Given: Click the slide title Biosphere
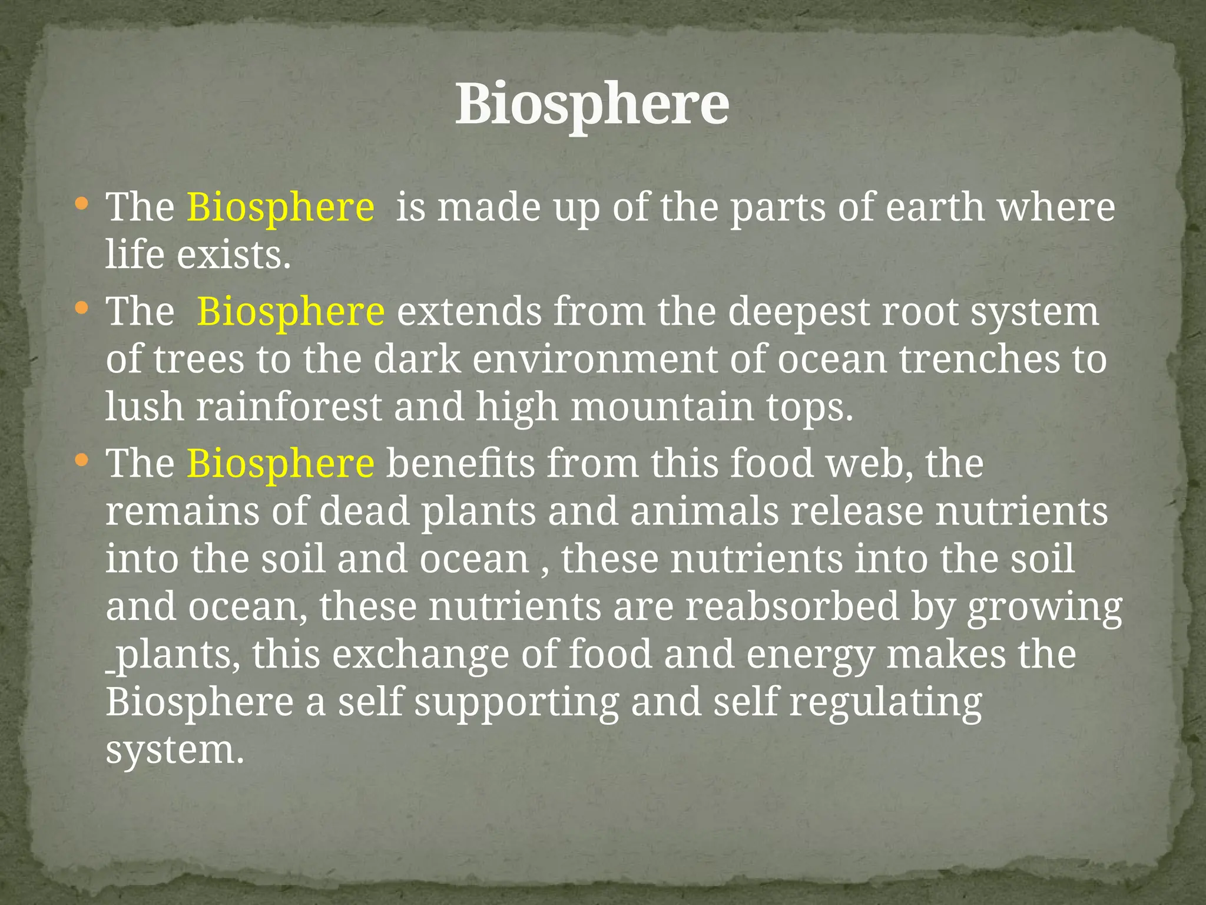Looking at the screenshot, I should (x=592, y=104).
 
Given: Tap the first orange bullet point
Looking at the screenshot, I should (x=82, y=204).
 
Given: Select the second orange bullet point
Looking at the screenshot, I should (x=82, y=308).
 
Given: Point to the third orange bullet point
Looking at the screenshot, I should (x=82, y=460).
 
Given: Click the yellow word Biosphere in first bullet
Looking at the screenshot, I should (x=280, y=207).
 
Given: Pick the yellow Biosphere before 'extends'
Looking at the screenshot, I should (x=291, y=311).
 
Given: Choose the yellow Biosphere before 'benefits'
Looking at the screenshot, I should (x=280, y=463).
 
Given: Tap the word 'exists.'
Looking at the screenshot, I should (x=234, y=256).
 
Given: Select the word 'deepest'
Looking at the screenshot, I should (x=798, y=311).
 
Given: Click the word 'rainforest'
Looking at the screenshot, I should (x=289, y=407).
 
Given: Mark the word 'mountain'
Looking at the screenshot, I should (x=662, y=407).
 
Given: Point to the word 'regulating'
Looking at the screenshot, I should (x=886, y=703).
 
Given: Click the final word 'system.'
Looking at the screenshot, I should (x=174, y=751).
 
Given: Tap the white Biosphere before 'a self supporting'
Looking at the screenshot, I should (x=200, y=703).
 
